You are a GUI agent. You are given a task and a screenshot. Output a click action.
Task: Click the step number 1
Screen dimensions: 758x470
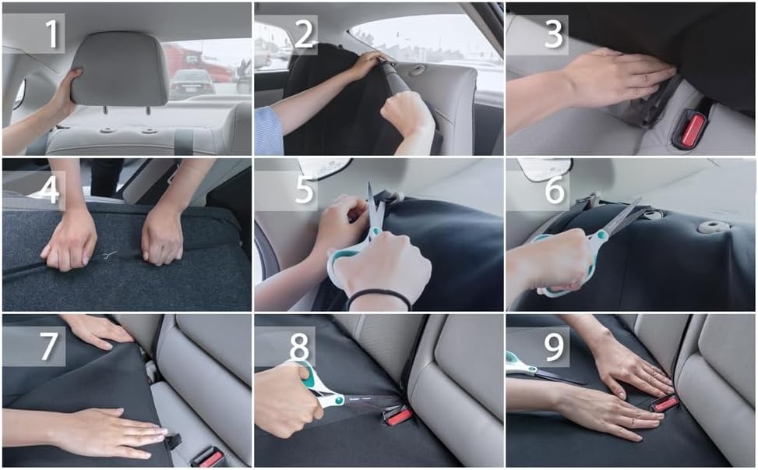click(x=51, y=34)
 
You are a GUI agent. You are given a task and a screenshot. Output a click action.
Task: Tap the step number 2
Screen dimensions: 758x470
click(x=304, y=34)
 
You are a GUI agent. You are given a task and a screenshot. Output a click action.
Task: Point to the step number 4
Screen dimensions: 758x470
click(x=49, y=190)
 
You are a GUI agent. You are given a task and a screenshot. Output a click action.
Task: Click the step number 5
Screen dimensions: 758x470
click(x=304, y=190)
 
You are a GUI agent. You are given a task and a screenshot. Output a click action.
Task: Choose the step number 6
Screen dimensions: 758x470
click(x=555, y=190)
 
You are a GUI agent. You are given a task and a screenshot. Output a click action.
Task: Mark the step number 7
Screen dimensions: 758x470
click(x=49, y=346)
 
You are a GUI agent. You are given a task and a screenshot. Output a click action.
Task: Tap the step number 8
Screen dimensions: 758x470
click(x=300, y=346)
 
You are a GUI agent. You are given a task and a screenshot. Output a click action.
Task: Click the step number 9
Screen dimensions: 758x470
click(x=554, y=346)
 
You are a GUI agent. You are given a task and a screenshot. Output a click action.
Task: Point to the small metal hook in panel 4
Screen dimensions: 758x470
click(x=110, y=254)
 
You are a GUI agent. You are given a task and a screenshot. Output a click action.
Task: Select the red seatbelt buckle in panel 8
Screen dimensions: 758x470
click(x=397, y=416)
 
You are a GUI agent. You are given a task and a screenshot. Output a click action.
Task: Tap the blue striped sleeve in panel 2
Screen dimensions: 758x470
click(x=269, y=131)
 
